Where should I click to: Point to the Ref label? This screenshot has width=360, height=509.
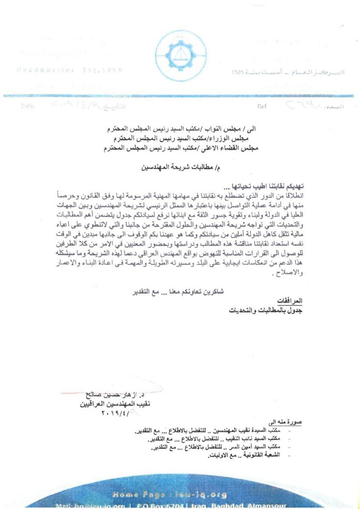[x=262, y=106]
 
